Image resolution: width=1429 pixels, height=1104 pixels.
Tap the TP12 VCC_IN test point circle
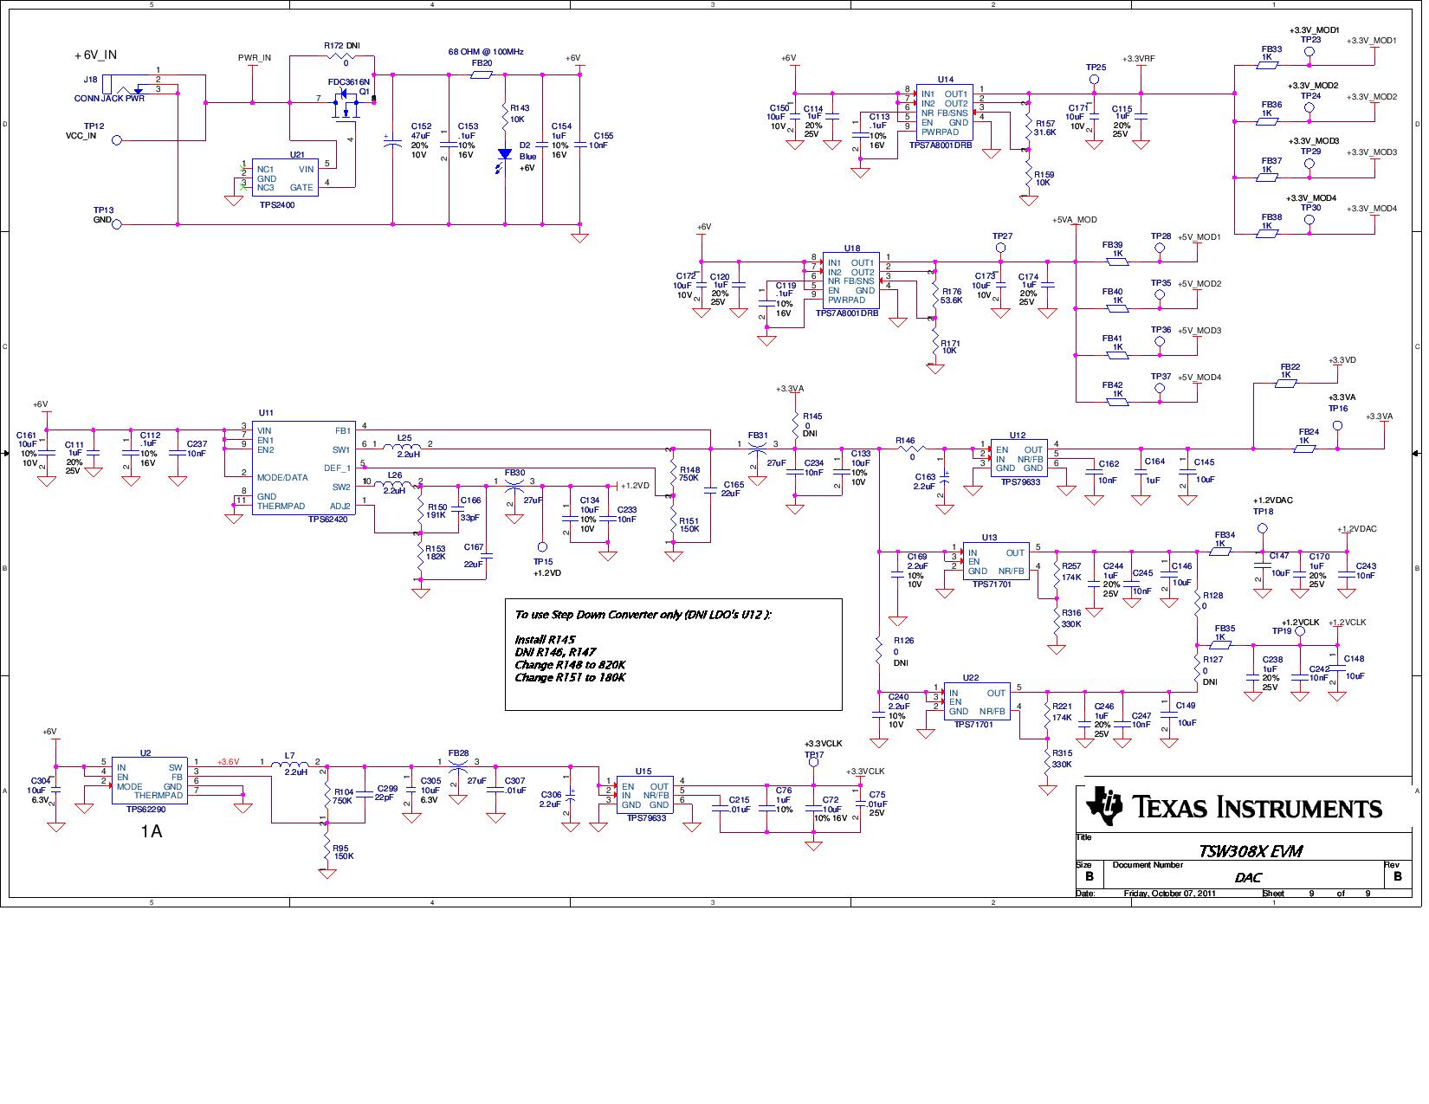point(117,139)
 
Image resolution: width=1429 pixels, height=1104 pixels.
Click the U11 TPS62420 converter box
point(302,468)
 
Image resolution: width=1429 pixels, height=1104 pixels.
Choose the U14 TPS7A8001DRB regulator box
point(945,113)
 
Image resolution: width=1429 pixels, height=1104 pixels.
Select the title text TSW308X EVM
point(1250,850)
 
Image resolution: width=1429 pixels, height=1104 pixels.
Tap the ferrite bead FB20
point(482,75)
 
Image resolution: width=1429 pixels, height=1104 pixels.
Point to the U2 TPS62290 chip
point(151,781)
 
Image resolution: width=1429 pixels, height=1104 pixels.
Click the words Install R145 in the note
point(545,639)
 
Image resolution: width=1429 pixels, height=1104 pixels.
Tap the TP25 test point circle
point(1094,80)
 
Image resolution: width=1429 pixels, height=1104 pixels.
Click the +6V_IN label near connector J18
point(96,55)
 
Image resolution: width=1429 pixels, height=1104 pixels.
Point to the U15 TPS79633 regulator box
point(644,796)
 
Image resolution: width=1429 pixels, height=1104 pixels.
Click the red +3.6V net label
point(228,762)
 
